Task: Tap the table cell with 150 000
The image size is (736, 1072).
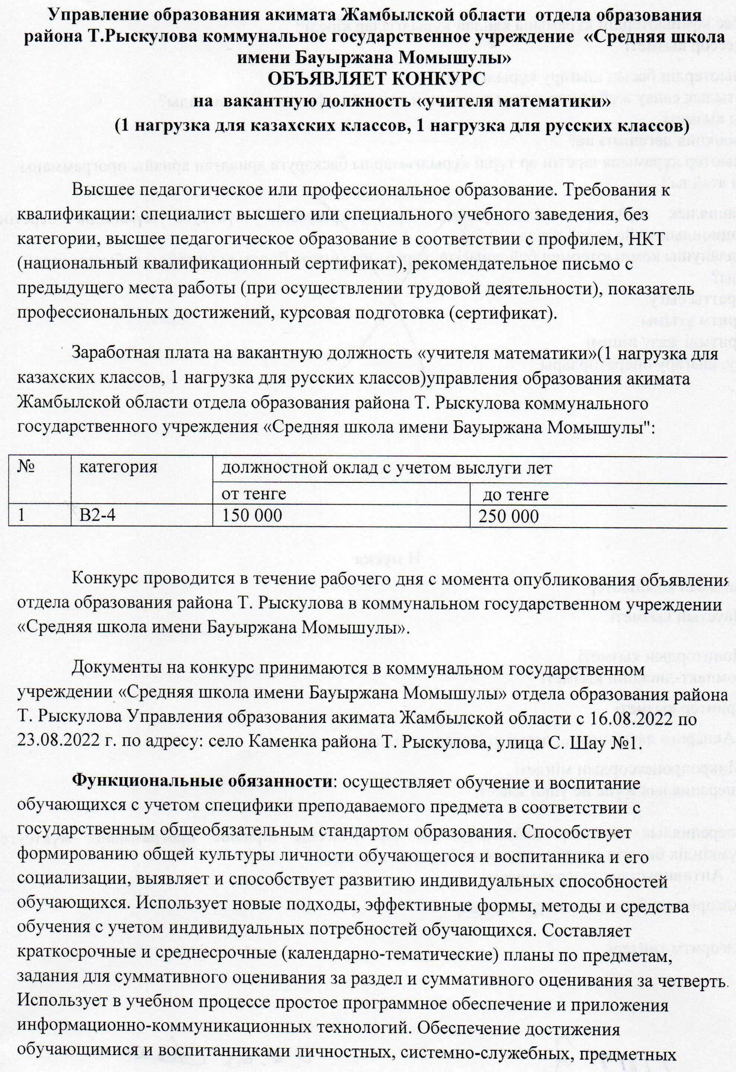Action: (251, 515)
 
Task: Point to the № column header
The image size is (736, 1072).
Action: (27, 467)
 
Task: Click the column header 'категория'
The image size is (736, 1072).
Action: (118, 467)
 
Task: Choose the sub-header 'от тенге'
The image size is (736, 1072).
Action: (254, 494)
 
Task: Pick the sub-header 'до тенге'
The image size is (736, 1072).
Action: (515, 494)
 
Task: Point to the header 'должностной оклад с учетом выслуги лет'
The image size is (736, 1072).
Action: (387, 467)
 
